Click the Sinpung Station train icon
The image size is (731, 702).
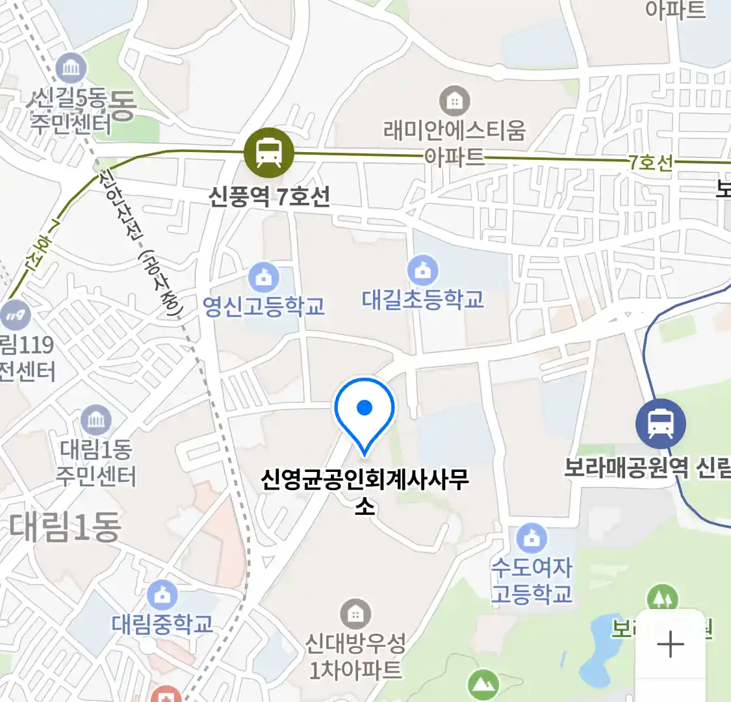[x=268, y=153]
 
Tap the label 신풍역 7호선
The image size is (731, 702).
[x=269, y=196]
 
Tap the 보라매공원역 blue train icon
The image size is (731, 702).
[x=660, y=424]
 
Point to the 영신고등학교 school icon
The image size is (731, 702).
[x=264, y=279]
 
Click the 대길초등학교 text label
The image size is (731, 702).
[x=423, y=300]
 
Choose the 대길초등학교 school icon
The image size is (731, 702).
[x=423, y=270]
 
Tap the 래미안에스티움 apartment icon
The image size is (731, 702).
[x=454, y=101]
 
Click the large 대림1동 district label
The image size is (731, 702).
[x=65, y=527]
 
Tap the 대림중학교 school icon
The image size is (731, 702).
[x=162, y=595]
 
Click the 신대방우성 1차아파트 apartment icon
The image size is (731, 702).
[x=355, y=614]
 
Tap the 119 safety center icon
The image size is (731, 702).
[x=15, y=316]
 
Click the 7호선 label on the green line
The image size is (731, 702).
[x=650, y=162]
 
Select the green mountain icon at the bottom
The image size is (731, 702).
[x=483, y=684]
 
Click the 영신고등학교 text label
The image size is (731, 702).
[x=264, y=306]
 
